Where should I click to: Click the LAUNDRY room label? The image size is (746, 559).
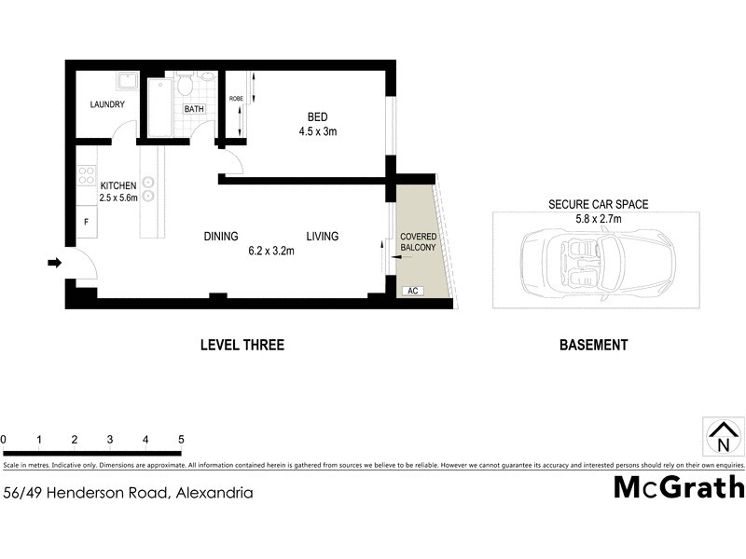(x=107, y=104)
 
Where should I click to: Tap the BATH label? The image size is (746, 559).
(x=194, y=109)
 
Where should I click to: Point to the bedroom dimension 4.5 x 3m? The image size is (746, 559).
(x=317, y=131)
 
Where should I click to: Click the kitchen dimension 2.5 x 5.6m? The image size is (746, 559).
(x=118, y=198)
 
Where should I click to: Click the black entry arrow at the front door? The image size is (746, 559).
(x=55, y=264)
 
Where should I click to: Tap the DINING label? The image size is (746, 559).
(x=221, y=237)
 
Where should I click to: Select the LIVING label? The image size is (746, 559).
(x=322, y=237)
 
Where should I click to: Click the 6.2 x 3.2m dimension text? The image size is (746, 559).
(x=271, y=251)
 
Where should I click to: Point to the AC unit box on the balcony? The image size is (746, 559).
(x=411, y=292)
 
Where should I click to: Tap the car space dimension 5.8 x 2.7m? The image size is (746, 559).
(x=598, y=219)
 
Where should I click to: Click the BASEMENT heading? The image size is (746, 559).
(x=593, y=345)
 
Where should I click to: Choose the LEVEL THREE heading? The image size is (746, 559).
(x=242, y=345)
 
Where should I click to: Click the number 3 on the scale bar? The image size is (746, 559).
(x=110, y=439)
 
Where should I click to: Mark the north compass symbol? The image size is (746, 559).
(x=722, y=435)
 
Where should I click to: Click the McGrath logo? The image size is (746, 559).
(x=679, y=486)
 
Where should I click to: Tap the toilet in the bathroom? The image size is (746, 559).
(x=186, y=86)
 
